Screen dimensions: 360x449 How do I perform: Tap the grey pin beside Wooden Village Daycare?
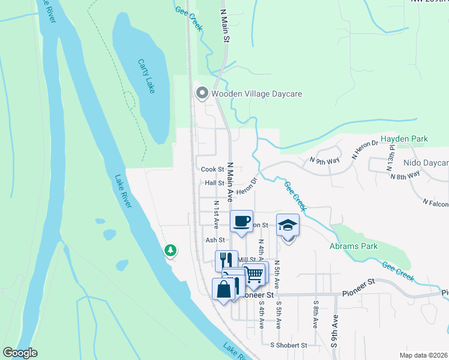(202, 93)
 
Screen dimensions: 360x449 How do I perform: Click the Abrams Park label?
(354, 246)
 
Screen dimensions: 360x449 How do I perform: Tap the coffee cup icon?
(242, 221)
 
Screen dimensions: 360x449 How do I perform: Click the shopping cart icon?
(255, 274)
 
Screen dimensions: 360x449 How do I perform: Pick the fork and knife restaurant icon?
(226, 260)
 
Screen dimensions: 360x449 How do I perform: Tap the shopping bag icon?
(223, 289)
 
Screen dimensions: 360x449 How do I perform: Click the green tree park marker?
(171, 250)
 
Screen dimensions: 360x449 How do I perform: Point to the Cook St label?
(212, 170)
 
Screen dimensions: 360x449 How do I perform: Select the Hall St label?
(214, 183)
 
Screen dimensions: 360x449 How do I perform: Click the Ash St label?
(214, 239)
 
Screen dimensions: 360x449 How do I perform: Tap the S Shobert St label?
(288, 345)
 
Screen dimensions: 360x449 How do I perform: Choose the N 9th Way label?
(324, 160)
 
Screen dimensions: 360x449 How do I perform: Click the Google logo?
(20, 353)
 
